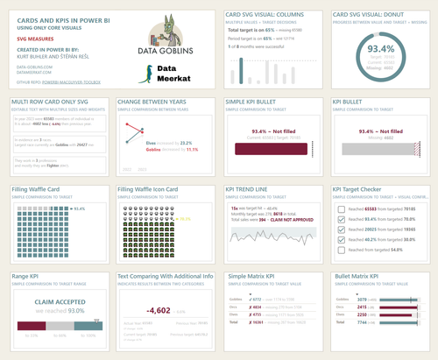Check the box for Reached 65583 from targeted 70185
(x=342, y=208)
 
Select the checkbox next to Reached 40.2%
(x=342, y=238)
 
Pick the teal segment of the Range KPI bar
(x=88, y=326)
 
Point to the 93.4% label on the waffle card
(x=80, y=208)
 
